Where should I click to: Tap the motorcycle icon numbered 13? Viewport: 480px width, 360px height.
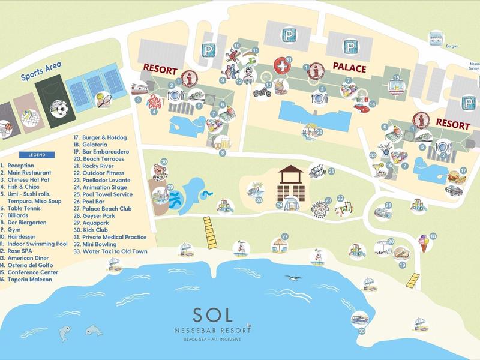263,92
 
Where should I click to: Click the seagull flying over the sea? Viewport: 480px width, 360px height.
293,278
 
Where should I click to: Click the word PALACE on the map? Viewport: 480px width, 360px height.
349,69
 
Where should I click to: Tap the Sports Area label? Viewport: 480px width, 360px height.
41,72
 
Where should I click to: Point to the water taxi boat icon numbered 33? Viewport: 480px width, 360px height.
360,319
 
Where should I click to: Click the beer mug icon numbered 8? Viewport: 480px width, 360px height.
214,140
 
